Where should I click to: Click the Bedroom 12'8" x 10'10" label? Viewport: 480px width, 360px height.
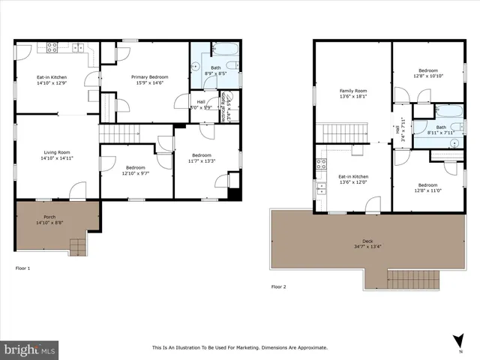click(427, 73)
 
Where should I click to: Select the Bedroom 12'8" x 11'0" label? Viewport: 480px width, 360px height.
click(427, 187)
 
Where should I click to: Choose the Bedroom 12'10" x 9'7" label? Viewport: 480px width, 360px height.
click(135, 170)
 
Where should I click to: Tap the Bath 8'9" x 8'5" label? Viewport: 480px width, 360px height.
click(215, 71)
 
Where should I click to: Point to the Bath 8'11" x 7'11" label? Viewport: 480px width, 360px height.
click(440, 130)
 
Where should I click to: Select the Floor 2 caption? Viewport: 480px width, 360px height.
click(278, 286)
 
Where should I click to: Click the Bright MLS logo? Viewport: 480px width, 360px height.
click(30, 349)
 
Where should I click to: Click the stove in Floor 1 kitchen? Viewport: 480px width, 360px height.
click(53, 46)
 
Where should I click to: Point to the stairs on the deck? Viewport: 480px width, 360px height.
click(415, 281)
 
